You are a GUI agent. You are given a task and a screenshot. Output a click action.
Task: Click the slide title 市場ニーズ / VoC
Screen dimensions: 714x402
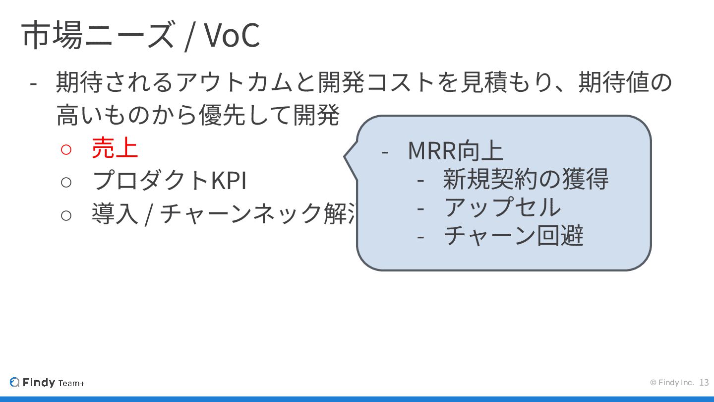[140, 35]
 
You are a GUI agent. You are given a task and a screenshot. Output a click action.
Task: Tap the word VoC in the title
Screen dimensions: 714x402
[232, 35]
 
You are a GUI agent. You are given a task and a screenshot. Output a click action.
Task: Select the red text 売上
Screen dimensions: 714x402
[115, 147]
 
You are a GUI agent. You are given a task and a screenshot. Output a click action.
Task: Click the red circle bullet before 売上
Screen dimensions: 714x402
[66, 149]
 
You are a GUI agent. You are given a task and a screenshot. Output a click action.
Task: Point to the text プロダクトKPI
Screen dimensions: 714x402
[169, 180]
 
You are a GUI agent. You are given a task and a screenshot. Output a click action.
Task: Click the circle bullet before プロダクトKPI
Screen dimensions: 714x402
[66, 182]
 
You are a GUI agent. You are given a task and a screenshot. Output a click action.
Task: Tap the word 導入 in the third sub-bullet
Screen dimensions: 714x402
[115, 214]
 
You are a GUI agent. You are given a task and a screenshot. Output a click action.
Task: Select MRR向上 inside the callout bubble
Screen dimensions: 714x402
[455, 151]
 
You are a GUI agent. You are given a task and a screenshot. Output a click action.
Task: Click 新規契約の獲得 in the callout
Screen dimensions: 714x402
[526, 179]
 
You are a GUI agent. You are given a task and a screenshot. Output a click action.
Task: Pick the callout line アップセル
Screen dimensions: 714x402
[502, 207]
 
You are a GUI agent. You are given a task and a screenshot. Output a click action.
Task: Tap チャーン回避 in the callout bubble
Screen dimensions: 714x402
[513, 236]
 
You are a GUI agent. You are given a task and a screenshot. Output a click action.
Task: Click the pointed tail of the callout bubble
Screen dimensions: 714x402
[348, 157]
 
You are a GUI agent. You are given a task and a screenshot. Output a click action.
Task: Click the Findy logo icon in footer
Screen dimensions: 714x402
[15, 382]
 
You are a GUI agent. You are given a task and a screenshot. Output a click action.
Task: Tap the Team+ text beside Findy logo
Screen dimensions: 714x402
[71, 383]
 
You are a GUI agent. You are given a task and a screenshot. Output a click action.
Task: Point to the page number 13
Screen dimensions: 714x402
[704, 383]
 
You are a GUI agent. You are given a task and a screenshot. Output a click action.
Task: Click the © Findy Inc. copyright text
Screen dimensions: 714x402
[672, 383]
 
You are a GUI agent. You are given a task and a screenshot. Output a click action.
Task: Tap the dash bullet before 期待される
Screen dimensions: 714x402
[33, 83]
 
